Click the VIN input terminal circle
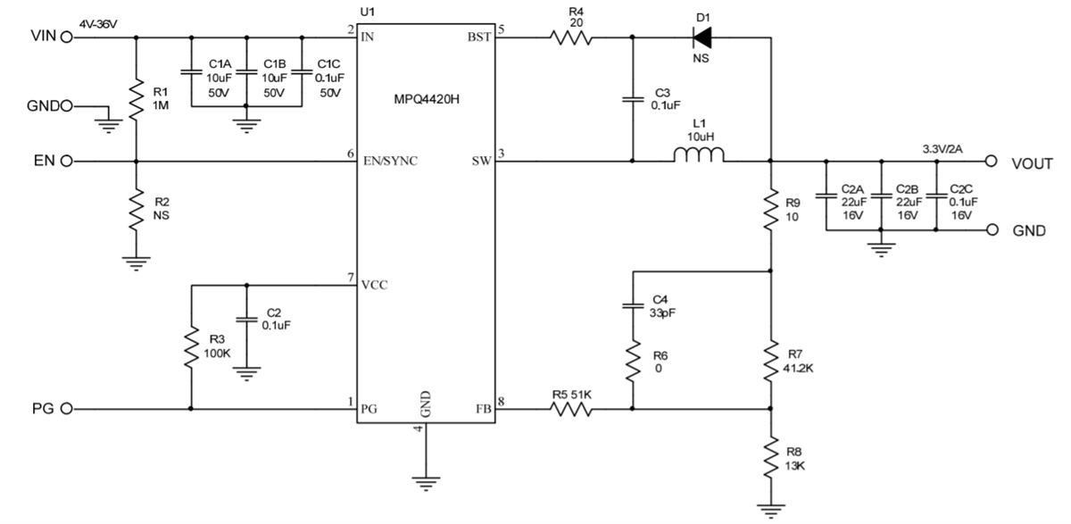(64, 37)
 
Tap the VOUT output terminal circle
(990, 162)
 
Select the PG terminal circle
(64, 410)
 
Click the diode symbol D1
(702, 37)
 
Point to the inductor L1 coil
(699, 157)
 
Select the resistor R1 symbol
(136, 99)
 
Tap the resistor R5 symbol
(571, 410)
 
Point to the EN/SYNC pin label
(389, 162)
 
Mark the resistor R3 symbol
(192, 348)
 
